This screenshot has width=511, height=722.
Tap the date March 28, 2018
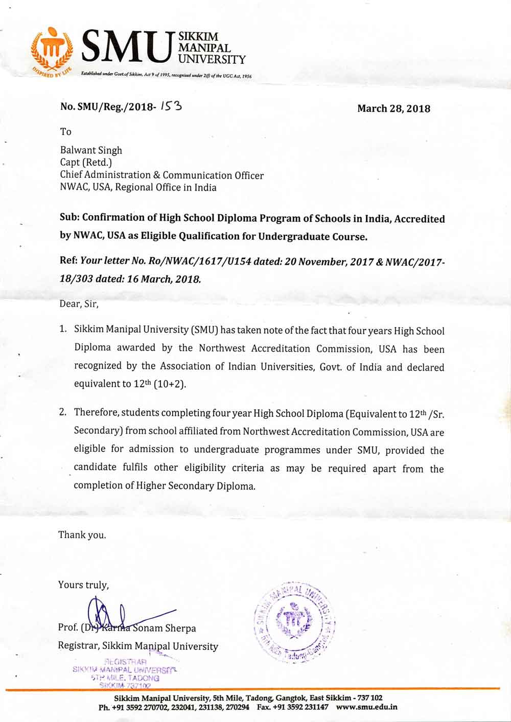(x=393, y=108)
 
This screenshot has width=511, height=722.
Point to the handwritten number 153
(x=171, y=106)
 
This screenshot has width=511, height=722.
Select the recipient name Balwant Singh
(x=91, y=150)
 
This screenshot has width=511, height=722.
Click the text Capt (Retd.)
(x=86, y=162)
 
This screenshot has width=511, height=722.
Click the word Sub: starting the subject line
(x=69, y=217)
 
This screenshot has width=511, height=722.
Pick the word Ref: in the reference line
(x=69, y=261)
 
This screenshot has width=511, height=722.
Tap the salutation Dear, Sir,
(x=79, y=304)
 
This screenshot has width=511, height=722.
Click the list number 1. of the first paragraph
(x=63, y=329)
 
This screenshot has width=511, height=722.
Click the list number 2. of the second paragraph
(x=63, y=412)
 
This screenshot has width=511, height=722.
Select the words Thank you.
(x=82, y=535)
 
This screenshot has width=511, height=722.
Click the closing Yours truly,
(x=83, y=585)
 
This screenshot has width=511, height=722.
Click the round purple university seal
(x=295, y=622)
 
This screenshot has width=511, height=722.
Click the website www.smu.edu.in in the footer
(x=366, y=708)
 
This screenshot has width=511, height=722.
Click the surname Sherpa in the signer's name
(x=179, y=628)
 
